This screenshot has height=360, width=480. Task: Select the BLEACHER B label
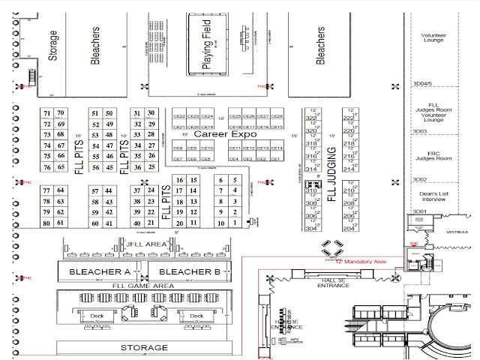tap(185, 271)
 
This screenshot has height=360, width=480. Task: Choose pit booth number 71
tap(47, 113)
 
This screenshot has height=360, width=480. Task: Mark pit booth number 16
tap(180, 180)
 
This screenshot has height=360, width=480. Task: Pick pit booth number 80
tap(47, 223)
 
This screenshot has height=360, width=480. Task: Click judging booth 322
tap(312, 118)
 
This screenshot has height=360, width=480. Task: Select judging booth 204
tap(349, 229)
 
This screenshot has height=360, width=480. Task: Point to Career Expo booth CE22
tap(179, 116)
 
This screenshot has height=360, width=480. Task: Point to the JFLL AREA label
tap(146, 244)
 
